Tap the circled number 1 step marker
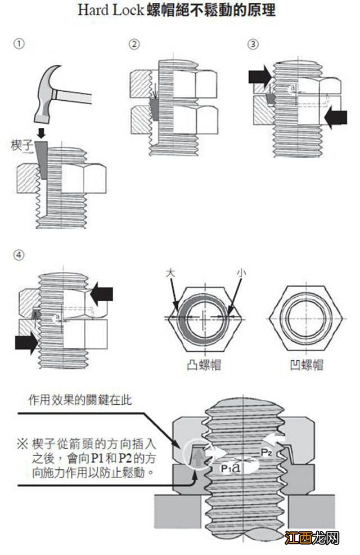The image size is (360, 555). tap(20, 44)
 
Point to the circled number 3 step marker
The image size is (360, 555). tap(253, 44)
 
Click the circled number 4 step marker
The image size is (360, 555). tap(20, 254)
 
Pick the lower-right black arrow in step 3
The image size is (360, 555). tap(336, 118)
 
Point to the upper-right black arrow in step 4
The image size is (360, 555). tap(102, 293)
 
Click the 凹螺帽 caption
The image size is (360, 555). tap(306, 365)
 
